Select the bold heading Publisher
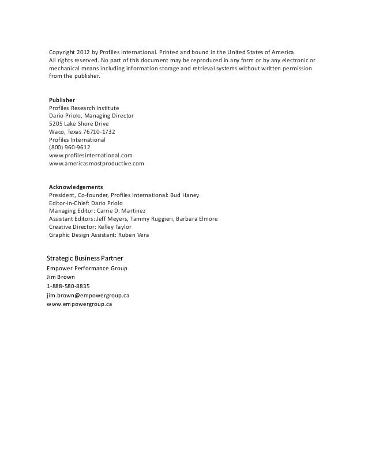[62, 100]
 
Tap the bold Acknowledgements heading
[76, 187]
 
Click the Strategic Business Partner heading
[85, 256]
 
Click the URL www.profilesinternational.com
[91, 156]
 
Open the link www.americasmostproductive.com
[96, 164]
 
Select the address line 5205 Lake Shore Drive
[79, 123]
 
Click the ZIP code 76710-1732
[99, 131]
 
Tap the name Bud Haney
[184, 195]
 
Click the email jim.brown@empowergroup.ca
[88, 295]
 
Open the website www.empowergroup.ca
[79, 304]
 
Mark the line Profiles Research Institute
[84, 108]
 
